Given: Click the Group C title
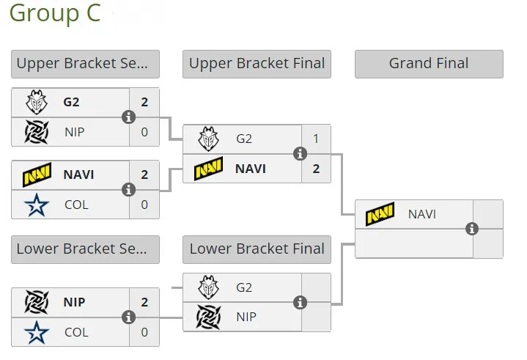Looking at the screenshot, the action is (x=55, y=13).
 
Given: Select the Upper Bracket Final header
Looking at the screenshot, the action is (x=257, y=64).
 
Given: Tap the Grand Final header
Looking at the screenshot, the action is (x=429, y=64).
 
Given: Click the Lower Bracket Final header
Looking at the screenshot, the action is (x=257, y=249).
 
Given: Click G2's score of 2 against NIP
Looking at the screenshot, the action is (x=144, y=102).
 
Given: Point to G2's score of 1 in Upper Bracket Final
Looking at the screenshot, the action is (x=316, y=139).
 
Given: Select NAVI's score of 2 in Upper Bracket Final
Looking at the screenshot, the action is (x=316, y=169).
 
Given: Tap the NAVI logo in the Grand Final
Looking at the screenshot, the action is (x=380, y=214).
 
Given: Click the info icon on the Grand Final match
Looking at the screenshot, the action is (x=472, y=229).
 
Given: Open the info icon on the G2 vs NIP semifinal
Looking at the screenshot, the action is (x=128, y=117).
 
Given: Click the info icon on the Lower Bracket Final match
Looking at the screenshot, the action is (x=300, y=303).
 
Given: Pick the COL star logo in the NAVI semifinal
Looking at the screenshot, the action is (x=37, y=205).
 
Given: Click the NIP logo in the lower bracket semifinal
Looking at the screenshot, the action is (x=37, y=302).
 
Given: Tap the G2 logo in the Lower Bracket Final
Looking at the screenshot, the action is (x=208, y=287).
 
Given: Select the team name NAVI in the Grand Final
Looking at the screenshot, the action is (x=421, y=214).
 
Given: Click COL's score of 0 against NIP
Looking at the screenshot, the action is (x=144, y=332).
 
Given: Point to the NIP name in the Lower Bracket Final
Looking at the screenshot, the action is (x=246, y=317).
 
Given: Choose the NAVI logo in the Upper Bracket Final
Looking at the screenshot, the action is (x=208, y=169).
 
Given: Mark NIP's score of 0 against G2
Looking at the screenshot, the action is (x=144, y=132).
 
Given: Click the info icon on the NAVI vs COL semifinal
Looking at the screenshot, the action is (x=128, y=190).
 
